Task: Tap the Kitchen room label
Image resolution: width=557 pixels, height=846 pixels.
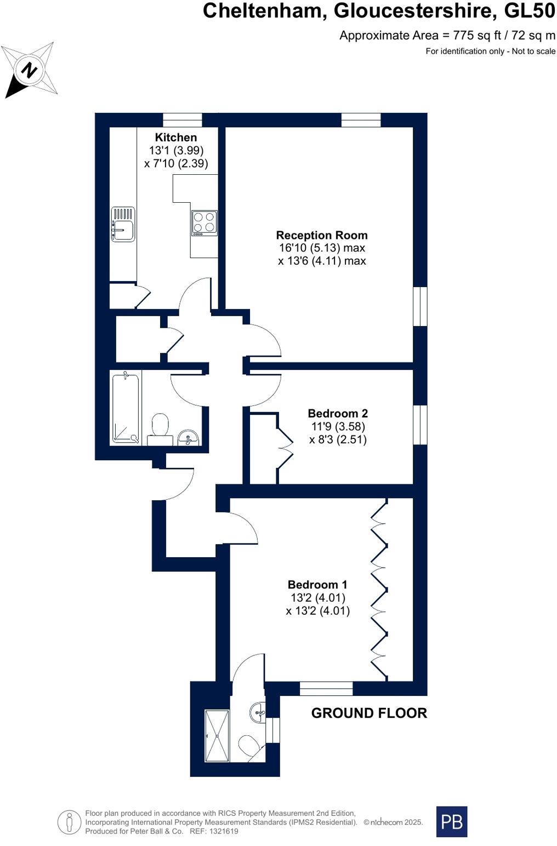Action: click(175, 138)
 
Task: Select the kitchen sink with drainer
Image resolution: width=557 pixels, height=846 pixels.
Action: click(123, 224)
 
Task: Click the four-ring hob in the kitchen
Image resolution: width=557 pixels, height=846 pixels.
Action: click(204, 223)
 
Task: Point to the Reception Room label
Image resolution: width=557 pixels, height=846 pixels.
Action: click(322, 235)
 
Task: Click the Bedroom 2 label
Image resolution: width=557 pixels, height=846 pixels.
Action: click(338, 413)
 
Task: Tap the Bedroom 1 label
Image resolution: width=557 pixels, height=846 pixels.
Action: click(318, 585)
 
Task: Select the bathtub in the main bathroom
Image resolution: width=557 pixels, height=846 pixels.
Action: click(126, 407)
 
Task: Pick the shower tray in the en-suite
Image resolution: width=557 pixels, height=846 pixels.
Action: click(217, 735)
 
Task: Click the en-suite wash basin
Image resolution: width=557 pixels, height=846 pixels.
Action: click(258, 713)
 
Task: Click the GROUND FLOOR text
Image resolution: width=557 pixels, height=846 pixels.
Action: click(369, 713)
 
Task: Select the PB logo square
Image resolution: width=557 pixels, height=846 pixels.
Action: click(452, 821)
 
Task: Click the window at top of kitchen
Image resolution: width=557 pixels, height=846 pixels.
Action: click(183, 120)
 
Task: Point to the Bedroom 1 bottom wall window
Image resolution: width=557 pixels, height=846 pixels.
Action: click(326, 688)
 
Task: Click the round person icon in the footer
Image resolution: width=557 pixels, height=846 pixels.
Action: click(70, 822)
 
